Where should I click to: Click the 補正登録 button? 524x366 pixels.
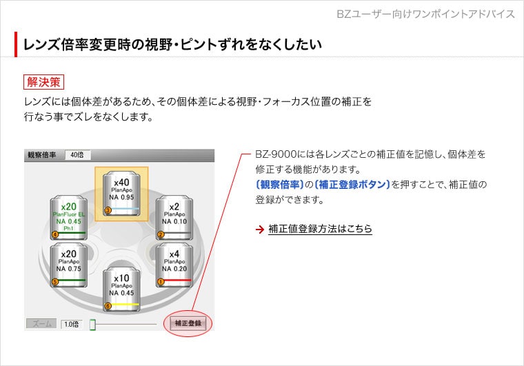pos(188,323)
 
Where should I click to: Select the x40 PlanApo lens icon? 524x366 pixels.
pos(121,194)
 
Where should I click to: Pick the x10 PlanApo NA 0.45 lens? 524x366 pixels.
pos(121,289)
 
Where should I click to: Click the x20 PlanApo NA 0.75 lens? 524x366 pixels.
pos(68,264)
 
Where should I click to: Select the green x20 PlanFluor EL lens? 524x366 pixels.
pos(68,217)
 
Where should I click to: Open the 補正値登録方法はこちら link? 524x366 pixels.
pos(320,229)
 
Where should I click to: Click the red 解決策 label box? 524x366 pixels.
pos(43,82)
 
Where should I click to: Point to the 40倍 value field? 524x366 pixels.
pos(77,155)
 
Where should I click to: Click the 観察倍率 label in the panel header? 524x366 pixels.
pos(42,155)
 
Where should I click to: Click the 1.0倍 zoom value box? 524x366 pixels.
pos(72,323)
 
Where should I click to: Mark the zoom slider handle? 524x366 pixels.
pos(92,323)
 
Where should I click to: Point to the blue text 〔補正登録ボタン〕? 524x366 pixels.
pos(352,184)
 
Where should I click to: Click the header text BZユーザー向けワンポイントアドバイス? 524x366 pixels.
pos(425,14)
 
